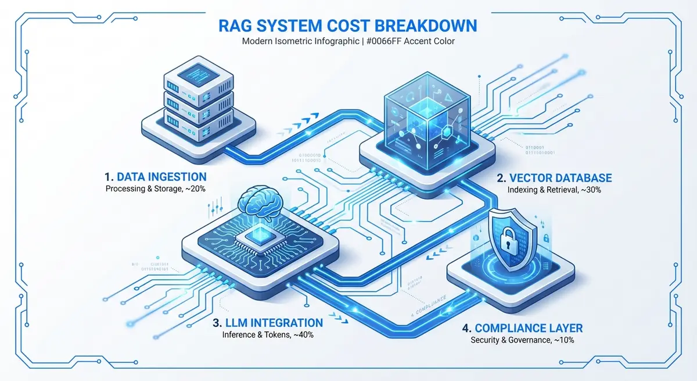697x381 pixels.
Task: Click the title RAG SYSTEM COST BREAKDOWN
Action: pos(347,26)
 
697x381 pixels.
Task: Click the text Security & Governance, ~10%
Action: pos(522,340)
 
